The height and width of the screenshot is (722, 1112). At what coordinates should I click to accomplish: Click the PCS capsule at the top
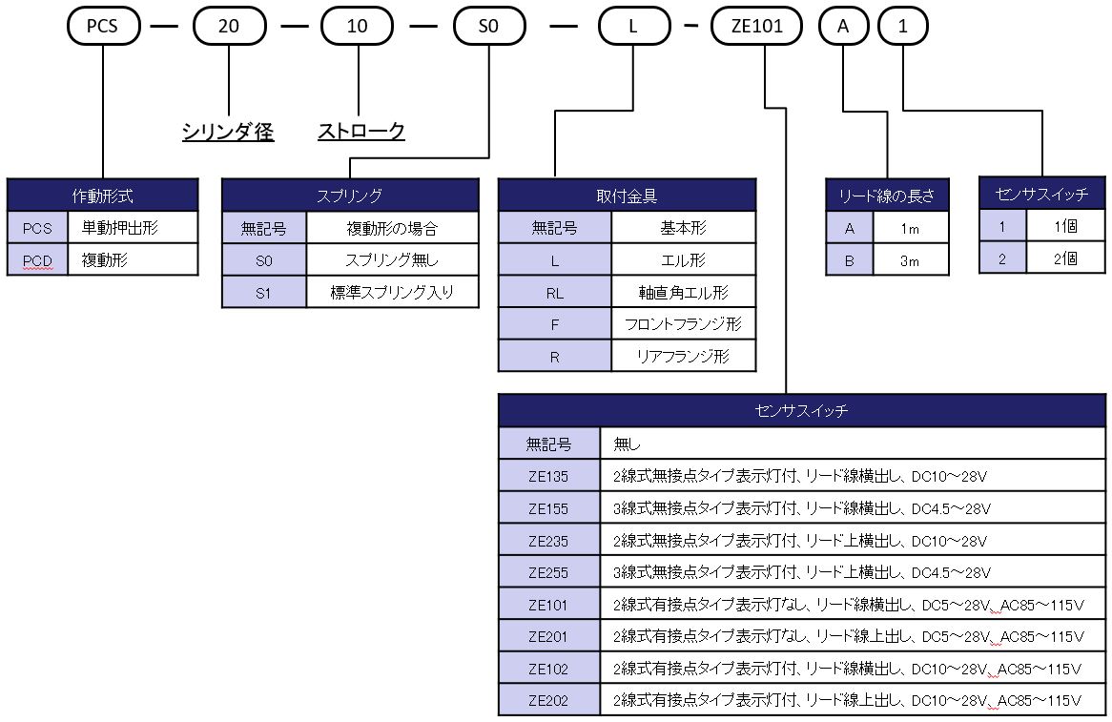tap(102, 26)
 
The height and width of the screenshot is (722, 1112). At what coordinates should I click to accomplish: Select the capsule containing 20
tap(229, 26)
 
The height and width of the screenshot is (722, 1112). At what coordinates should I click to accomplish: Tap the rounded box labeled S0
tap(488, 26)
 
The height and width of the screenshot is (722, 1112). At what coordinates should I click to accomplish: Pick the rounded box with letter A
tap(843, 26)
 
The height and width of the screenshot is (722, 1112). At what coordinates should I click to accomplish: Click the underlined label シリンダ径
tap(228, 132)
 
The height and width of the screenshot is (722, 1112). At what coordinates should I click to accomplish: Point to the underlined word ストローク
tap(361, 132)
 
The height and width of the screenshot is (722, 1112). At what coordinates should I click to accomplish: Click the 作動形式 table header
tap(103, 196)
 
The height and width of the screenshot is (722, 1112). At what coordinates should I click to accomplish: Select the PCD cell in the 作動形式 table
tap(38, 259)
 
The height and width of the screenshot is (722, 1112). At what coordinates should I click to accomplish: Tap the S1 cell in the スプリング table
tap(264, 292)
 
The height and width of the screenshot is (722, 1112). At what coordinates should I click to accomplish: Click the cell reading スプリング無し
tap(392, 259)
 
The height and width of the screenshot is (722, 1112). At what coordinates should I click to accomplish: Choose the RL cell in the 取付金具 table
tap(554, 293)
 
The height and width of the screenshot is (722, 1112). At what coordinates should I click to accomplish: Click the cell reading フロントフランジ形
tap(683, 324)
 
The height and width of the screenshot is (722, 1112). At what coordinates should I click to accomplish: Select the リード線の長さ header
tap(887, 196)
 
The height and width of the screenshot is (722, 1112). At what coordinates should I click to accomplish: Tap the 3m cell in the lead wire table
tap(910, 260)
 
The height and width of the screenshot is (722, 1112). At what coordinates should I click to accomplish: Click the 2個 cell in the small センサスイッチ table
tap(1065, 258)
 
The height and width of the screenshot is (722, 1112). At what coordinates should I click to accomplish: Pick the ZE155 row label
tap(548, 507)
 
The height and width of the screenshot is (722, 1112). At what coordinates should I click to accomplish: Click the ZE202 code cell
tap(548, 700)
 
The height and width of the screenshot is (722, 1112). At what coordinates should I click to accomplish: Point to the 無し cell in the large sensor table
tap(852, 444)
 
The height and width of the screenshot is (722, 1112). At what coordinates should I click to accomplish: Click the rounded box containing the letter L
tap(633, 26)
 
